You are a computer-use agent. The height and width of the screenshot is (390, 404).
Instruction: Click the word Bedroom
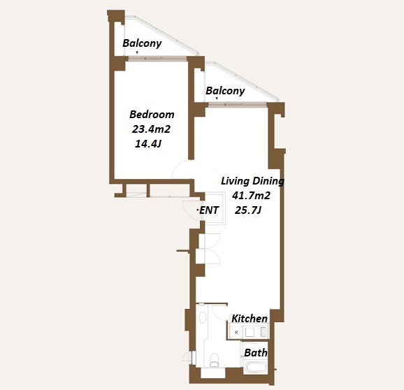click(152, 115)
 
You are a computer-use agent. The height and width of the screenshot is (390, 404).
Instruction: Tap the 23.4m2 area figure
click(151, 129)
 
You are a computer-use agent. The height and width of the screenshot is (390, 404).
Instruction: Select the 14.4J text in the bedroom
click(148, 144)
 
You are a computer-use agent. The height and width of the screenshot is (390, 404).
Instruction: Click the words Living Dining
click(252, 181)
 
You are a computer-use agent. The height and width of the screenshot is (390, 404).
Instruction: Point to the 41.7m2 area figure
click(251, 196)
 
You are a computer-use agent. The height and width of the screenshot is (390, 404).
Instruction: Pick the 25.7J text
click(248, 210)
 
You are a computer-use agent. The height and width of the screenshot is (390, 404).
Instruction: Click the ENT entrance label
click(209, 210)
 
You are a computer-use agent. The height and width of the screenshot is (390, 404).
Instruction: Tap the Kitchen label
click(250, 319)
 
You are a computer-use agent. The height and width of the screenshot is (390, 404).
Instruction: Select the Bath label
click(256, 353)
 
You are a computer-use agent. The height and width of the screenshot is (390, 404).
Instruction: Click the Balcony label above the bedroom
click(142, 43)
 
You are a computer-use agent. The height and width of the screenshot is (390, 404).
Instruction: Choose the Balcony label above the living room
click(225, 91)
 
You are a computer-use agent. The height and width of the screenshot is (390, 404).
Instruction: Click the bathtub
click(255, 368)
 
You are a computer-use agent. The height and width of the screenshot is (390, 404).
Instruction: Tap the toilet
click(214, 360)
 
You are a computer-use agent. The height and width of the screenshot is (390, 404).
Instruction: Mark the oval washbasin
click(203, 317)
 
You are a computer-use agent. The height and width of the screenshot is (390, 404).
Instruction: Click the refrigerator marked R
click(236, 332)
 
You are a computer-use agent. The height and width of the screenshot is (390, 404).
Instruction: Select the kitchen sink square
click(250, 332)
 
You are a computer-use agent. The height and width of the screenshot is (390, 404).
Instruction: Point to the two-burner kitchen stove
click(264, 332)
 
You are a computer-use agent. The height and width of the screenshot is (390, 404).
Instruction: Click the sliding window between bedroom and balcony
click(157, 59)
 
